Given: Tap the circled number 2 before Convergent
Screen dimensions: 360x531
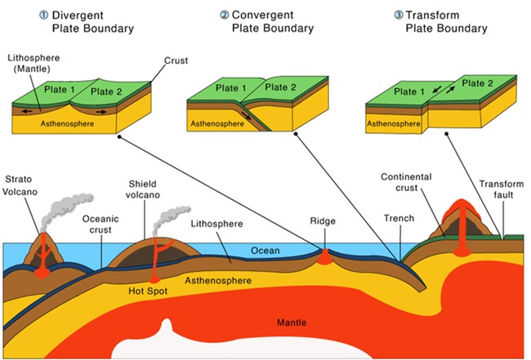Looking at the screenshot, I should click(224, 15).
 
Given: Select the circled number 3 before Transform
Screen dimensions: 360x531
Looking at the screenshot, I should click(398, 15).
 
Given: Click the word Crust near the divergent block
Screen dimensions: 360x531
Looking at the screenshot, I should click(176, 60).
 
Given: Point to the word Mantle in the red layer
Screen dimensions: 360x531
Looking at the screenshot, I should click(290, 322).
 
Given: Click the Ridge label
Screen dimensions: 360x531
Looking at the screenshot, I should click(324, 220).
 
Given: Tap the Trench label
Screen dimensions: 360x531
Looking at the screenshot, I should click(398, 218).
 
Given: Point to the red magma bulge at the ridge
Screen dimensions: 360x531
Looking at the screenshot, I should click(325, 256).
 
